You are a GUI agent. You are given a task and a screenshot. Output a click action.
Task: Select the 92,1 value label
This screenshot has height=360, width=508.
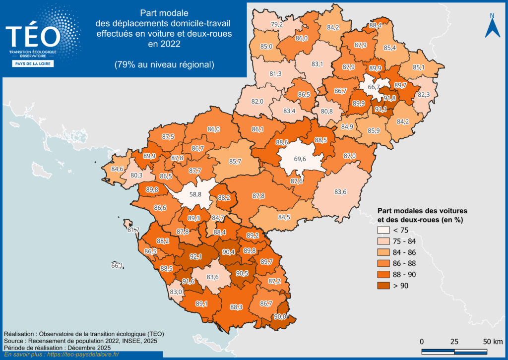click(196, 257)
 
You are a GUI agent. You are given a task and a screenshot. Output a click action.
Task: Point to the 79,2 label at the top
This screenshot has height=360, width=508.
click(277, 24)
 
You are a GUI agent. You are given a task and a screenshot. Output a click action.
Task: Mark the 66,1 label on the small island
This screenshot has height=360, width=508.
click(117, 266)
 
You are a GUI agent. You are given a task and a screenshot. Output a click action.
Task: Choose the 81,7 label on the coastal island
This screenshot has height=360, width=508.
click(133, 230)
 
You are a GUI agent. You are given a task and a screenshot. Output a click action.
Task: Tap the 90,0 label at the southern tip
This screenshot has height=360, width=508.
click(280, 316)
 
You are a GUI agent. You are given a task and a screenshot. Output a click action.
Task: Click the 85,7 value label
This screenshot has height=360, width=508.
click(235, 161)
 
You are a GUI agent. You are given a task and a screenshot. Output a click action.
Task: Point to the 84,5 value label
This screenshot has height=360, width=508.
click(284, 217)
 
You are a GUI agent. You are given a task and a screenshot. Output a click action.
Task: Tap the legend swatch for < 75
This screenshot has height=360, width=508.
click(383, 231)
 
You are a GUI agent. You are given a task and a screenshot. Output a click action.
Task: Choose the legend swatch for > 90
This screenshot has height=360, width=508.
click(383, 285)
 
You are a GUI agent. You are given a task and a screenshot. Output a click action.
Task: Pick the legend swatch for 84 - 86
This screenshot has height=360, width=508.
click(383, 252)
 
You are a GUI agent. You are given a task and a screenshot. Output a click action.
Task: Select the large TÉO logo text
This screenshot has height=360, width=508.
click(33, 36)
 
